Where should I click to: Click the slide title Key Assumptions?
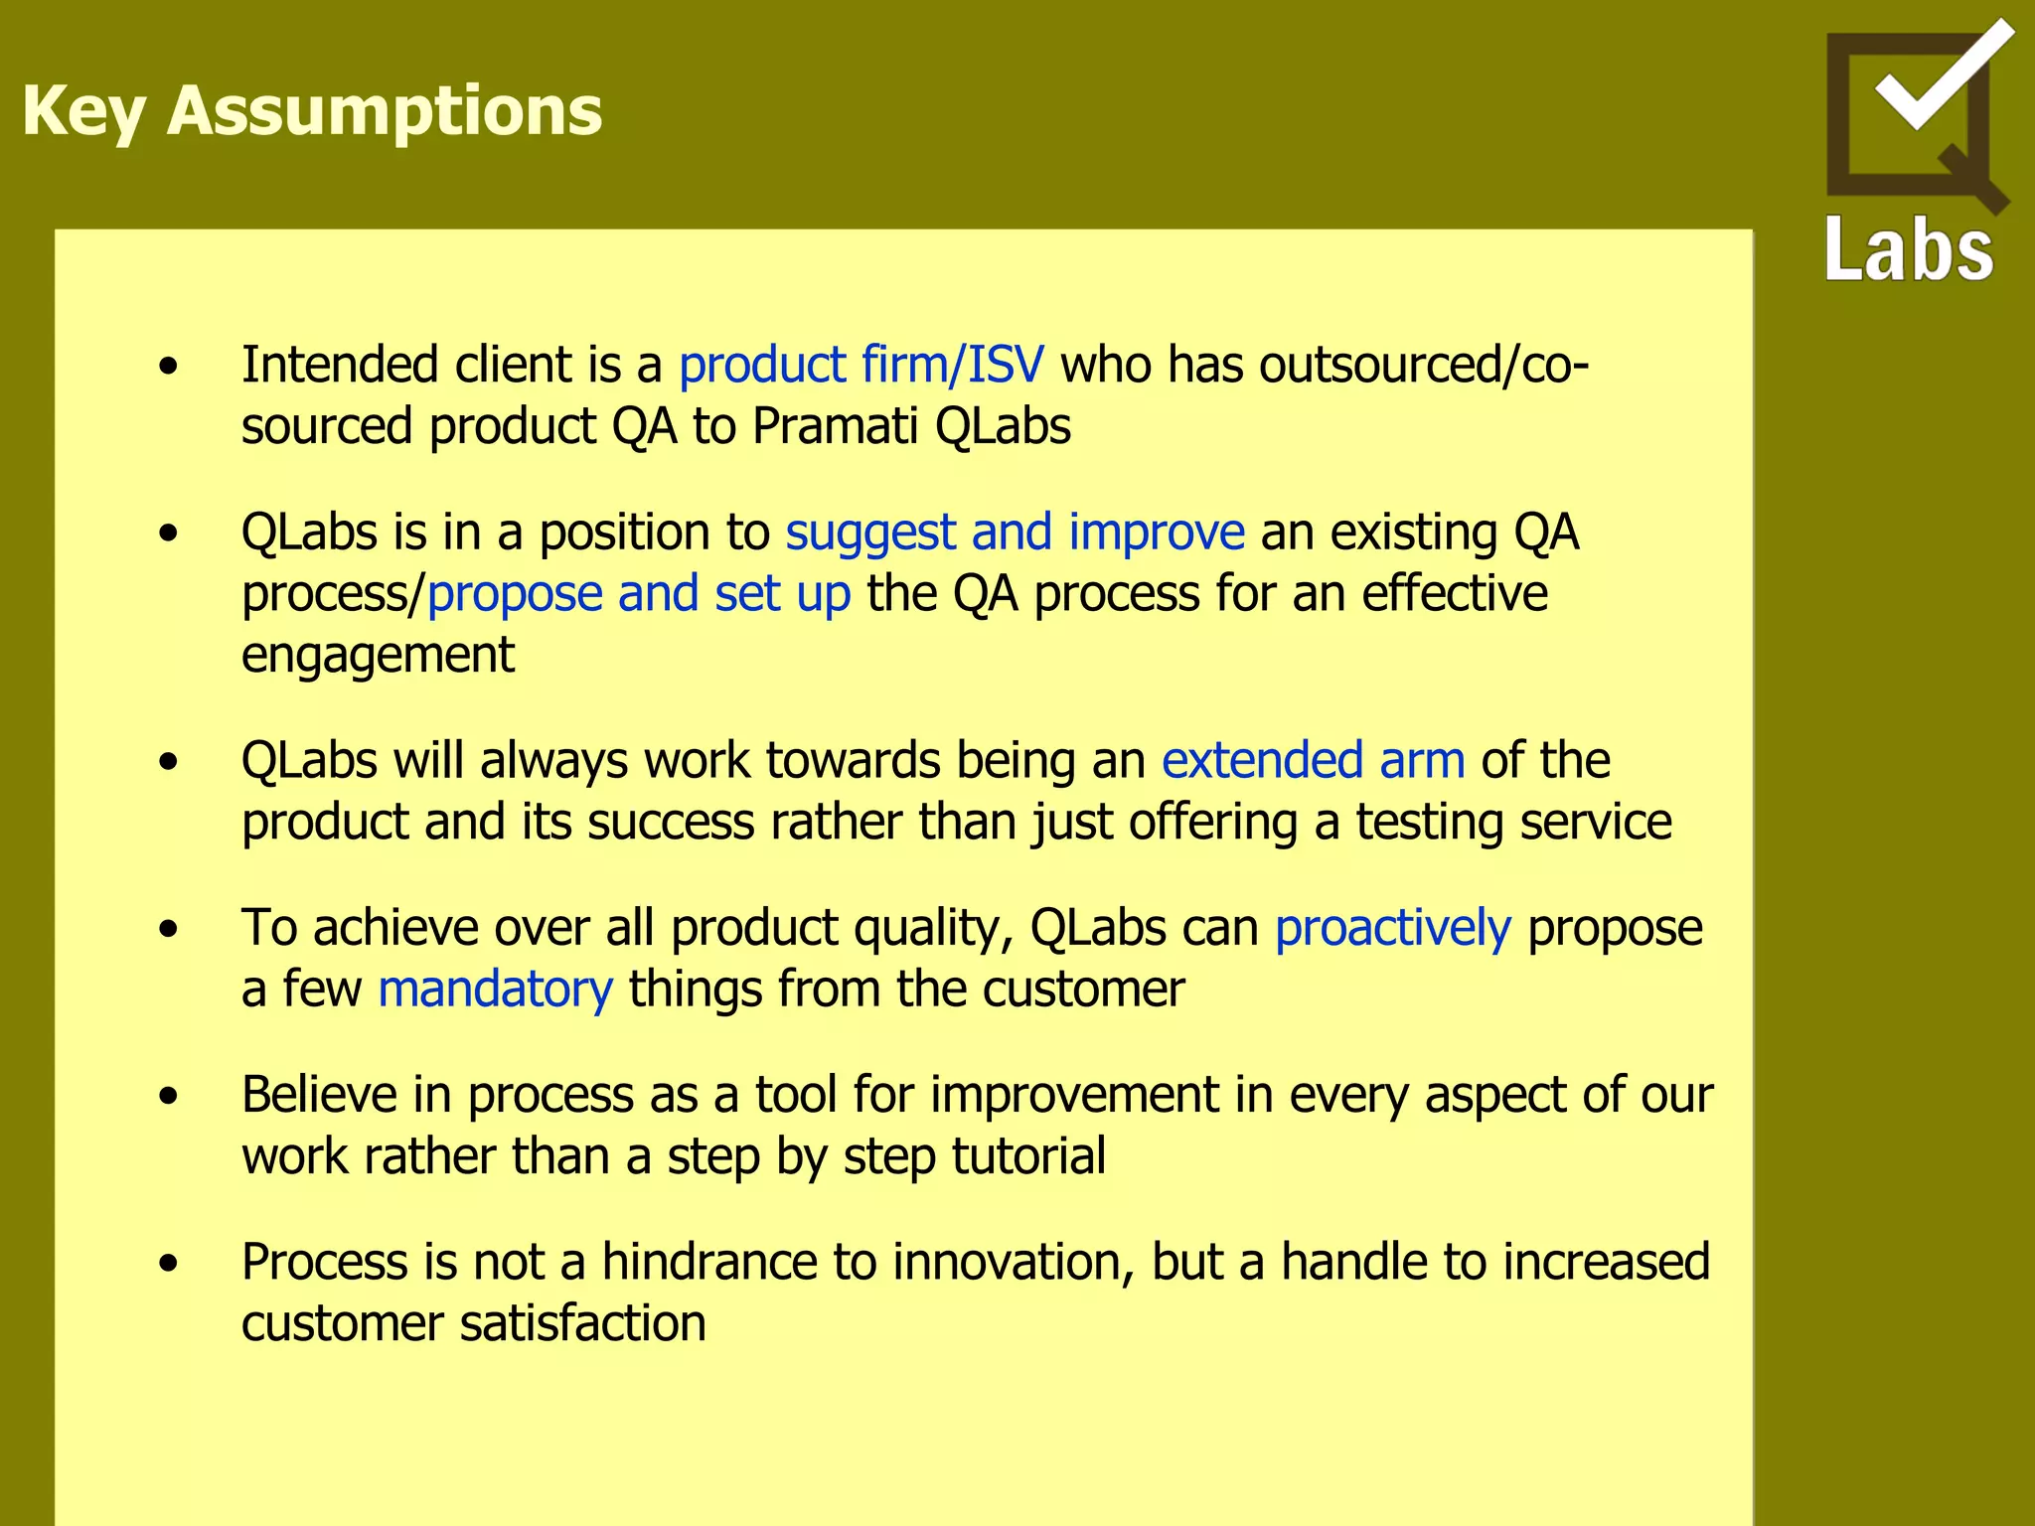coord(312,110)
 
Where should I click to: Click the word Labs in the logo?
coord(1909,249)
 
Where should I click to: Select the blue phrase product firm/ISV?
coord(861,365)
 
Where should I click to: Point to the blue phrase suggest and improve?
coord(1015,533)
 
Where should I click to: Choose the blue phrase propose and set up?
coord(639,594)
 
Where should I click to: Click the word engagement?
coord(378,656)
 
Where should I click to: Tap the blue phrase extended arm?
coord(1313,761)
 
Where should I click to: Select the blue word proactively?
coord(1392,928)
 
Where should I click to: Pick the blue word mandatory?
coord(495,990)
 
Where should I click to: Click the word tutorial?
coord(1028,1156)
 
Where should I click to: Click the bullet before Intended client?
coord(169,367)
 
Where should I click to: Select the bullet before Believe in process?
coord(169,1096)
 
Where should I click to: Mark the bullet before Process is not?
coord(169,1263)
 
